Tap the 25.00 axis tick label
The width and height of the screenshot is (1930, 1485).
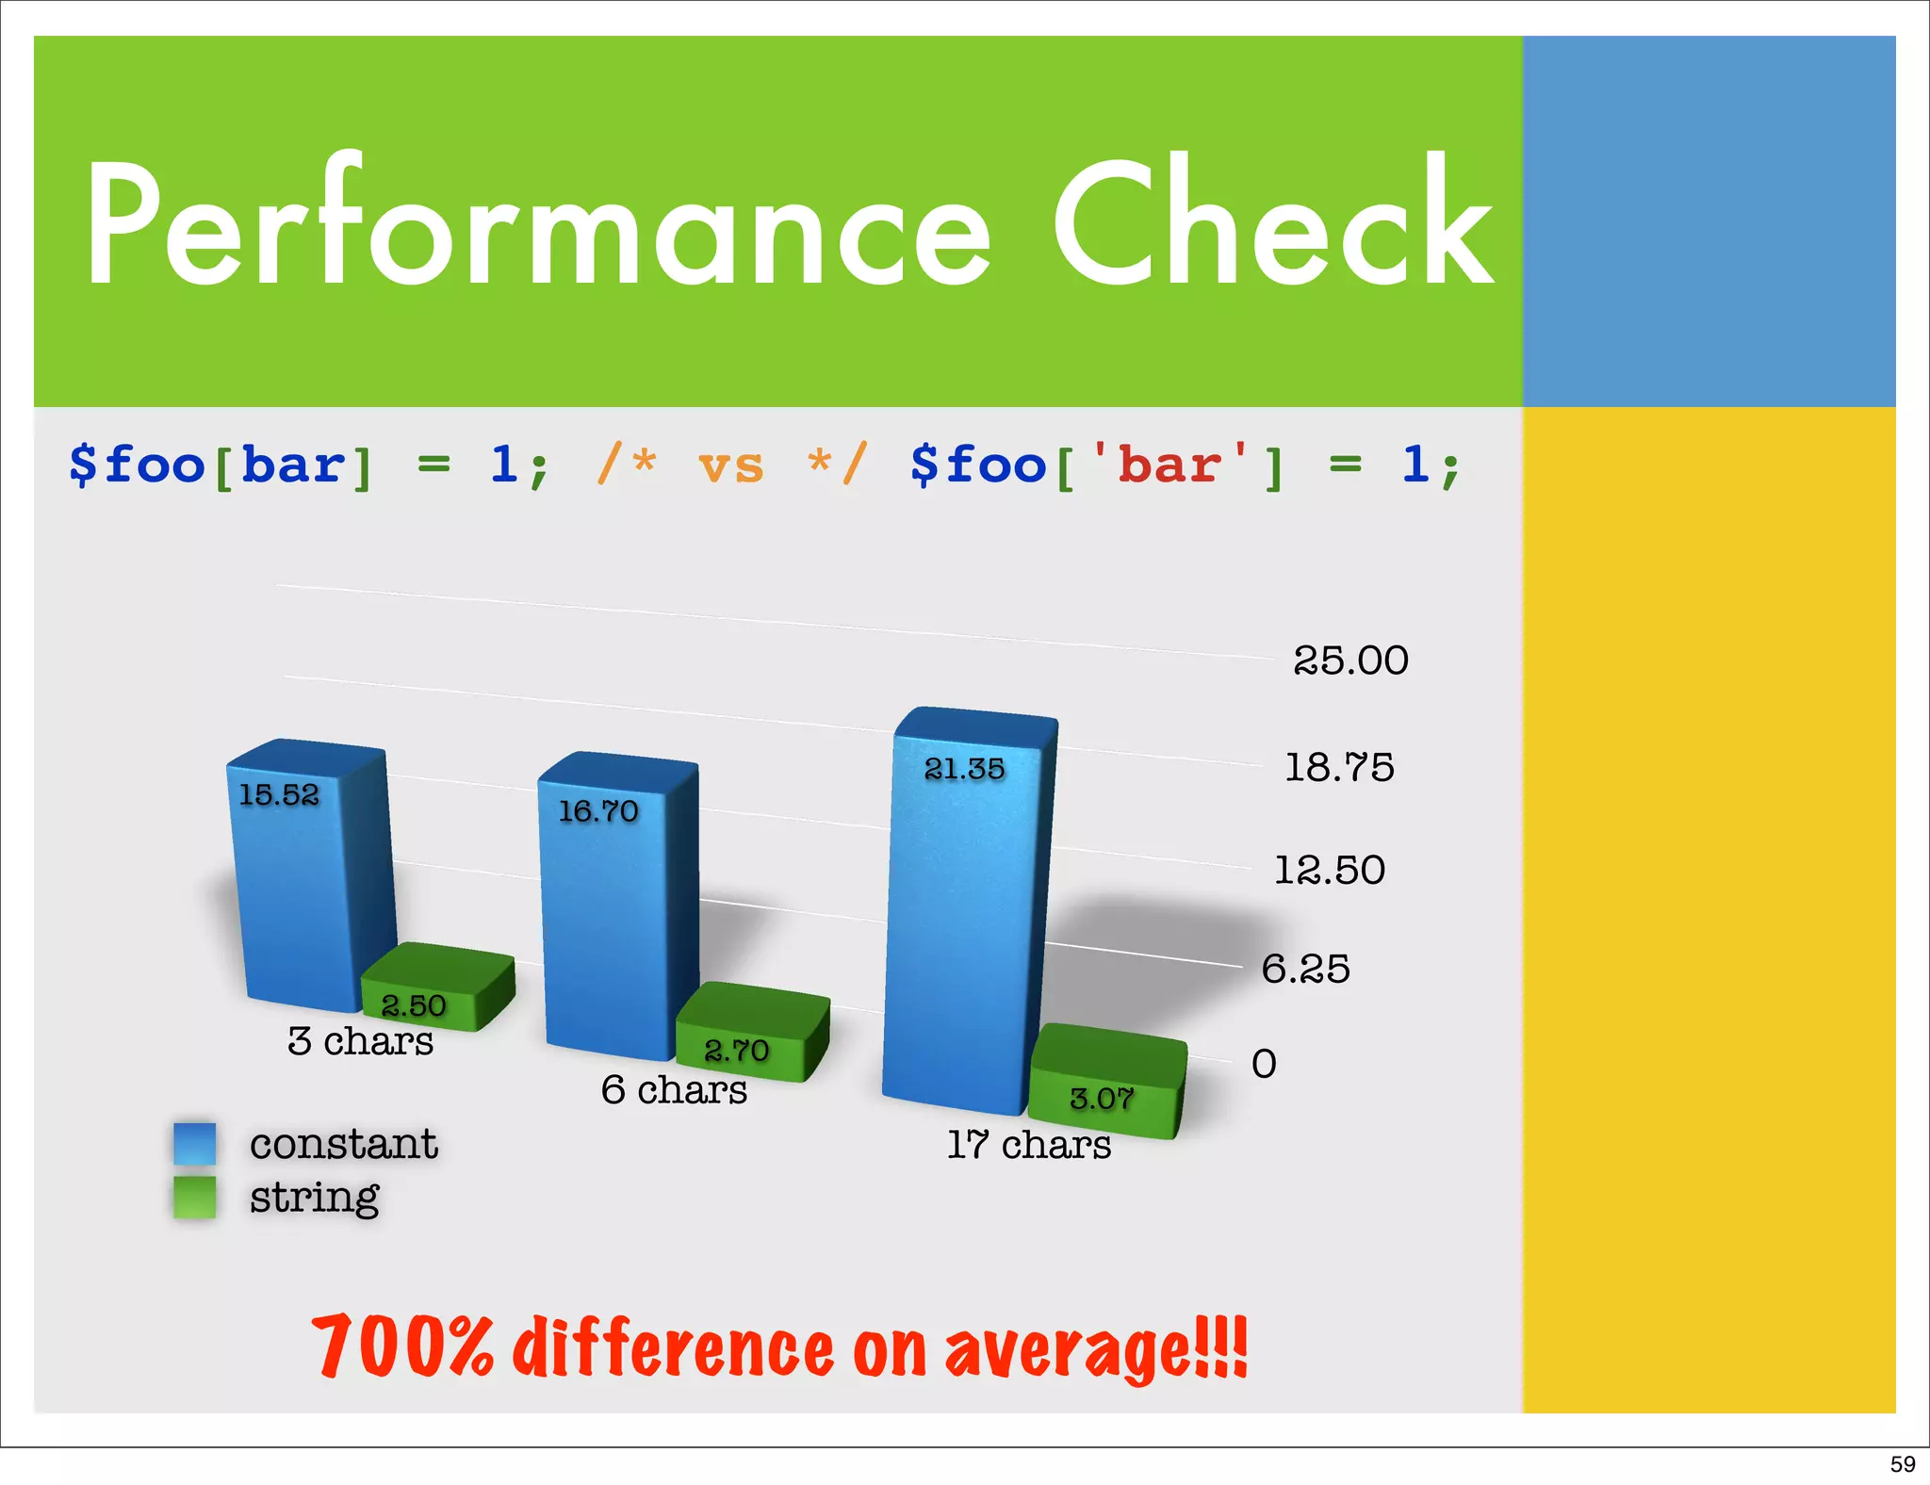[1350, 661]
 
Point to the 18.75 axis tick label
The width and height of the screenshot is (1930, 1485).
[1339, 767]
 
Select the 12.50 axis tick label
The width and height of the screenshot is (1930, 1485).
[1329, 870]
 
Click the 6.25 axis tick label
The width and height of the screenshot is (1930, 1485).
[1305, 969]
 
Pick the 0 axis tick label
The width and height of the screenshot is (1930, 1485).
[1264, 1064]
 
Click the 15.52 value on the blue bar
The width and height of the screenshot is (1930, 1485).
[279, 795]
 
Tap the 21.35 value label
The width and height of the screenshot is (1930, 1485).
[964, 769]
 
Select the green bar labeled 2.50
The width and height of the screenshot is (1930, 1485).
[438, 989]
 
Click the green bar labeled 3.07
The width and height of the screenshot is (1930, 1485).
[1107, 1084]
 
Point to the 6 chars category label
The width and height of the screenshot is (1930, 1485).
[674, 1090]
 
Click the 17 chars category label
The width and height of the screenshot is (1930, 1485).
[1029, 1145]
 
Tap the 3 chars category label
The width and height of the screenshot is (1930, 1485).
[361, 1041]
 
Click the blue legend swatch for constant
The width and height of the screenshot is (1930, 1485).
[195, 1143]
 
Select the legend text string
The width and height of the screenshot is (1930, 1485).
[314, 1198]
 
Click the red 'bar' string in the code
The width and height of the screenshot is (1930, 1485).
[1169, 465]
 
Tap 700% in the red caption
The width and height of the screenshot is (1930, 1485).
[403, 1346]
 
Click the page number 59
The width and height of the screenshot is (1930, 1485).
[1903, 1464]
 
